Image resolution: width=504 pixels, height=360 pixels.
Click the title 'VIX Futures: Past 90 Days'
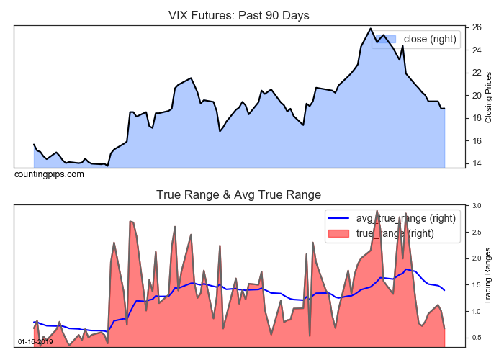point(238,15)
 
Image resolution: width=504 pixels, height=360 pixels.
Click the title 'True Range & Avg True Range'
point(238,194)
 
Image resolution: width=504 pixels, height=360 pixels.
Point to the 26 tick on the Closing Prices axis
point(477,27)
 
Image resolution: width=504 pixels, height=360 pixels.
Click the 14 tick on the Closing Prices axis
point(477,163)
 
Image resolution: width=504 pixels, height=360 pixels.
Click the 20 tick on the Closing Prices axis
point(477,96)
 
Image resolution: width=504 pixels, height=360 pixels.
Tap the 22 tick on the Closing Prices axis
point(477,73)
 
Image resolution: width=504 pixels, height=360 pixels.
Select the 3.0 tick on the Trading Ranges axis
point(477,206)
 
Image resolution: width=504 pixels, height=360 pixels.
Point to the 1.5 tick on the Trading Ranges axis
point(477,285)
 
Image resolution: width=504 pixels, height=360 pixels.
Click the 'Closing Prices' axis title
point(489,96)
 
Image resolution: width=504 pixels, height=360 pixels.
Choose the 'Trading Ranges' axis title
point(489,275)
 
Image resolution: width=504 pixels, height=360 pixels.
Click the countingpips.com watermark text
point(49,174)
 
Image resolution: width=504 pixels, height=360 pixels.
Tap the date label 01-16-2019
point(35,341)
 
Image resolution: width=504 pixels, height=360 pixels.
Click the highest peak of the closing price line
point(371,29)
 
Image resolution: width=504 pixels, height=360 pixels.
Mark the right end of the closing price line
point(444,109)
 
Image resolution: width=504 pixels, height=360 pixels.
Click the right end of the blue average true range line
point(444,290)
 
